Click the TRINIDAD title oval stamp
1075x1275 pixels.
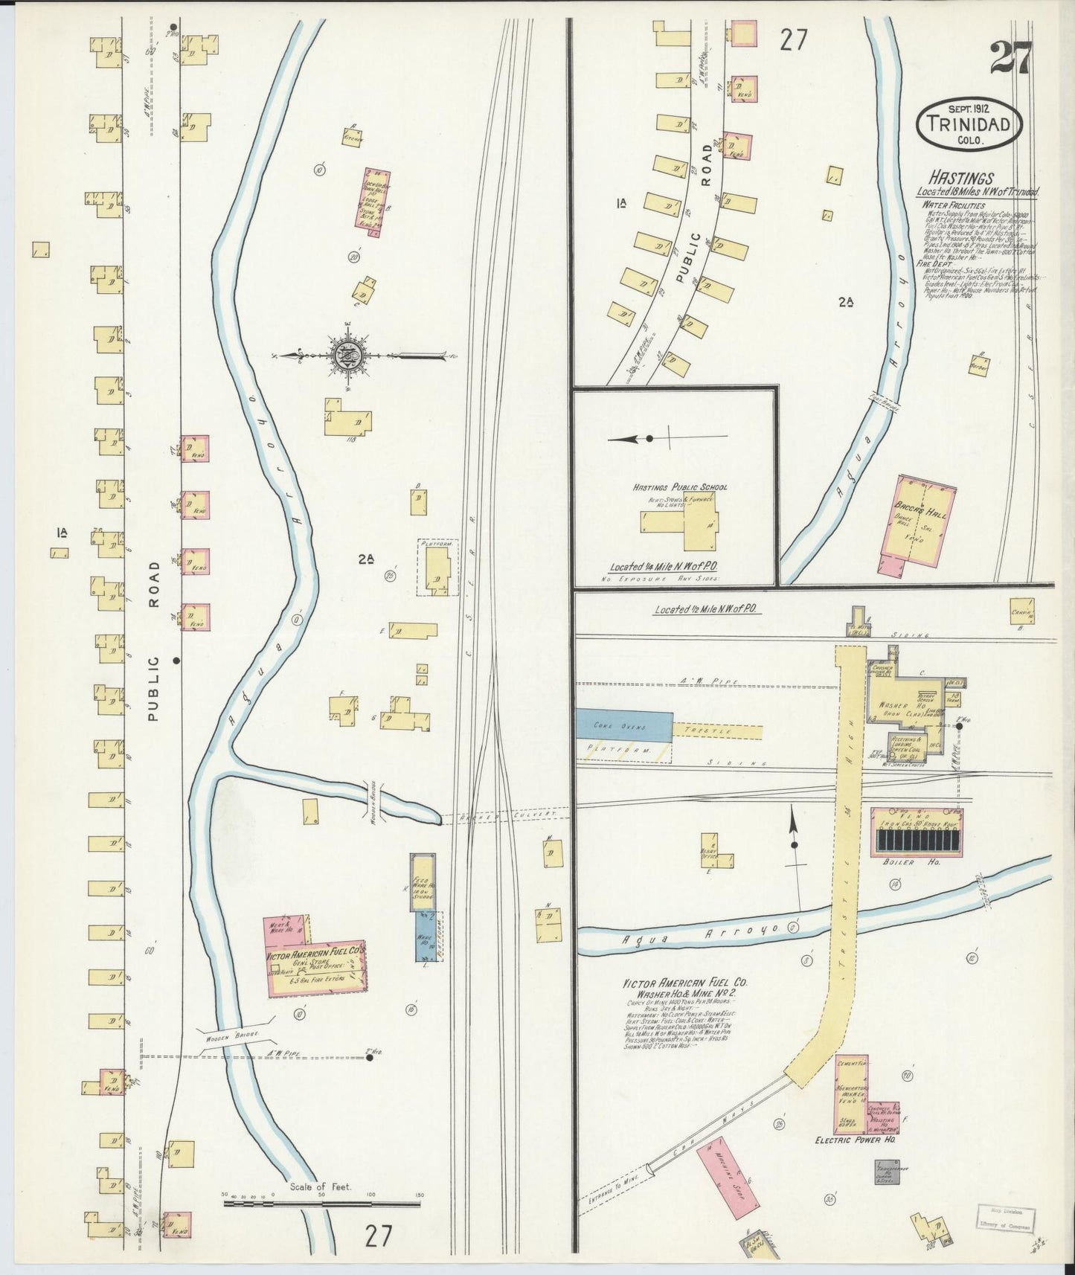[969, 125]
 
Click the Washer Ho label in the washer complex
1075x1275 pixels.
[891, 705]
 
